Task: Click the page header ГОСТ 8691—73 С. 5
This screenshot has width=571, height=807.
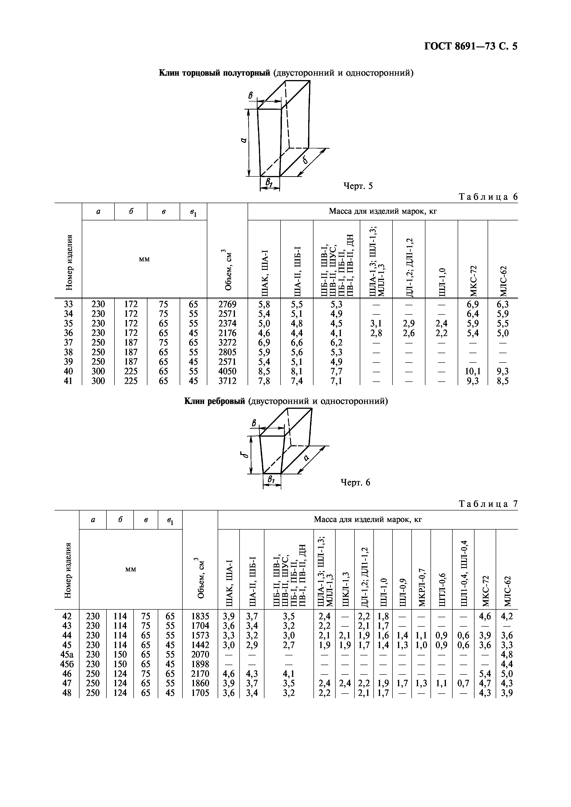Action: [x=471, y=46]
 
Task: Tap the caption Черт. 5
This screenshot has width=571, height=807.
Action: [x=357, y=186]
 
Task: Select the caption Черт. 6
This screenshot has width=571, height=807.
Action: [x=355, y=483]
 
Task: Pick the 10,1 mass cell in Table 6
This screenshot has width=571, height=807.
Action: [x=472, y=371]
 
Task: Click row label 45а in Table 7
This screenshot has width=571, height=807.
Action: [x=67, y=654]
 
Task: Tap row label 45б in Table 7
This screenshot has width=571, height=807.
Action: [x=67, y=664]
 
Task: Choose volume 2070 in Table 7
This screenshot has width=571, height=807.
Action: [x=200, y=654]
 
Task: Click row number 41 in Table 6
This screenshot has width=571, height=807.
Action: [x=68, y=381]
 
